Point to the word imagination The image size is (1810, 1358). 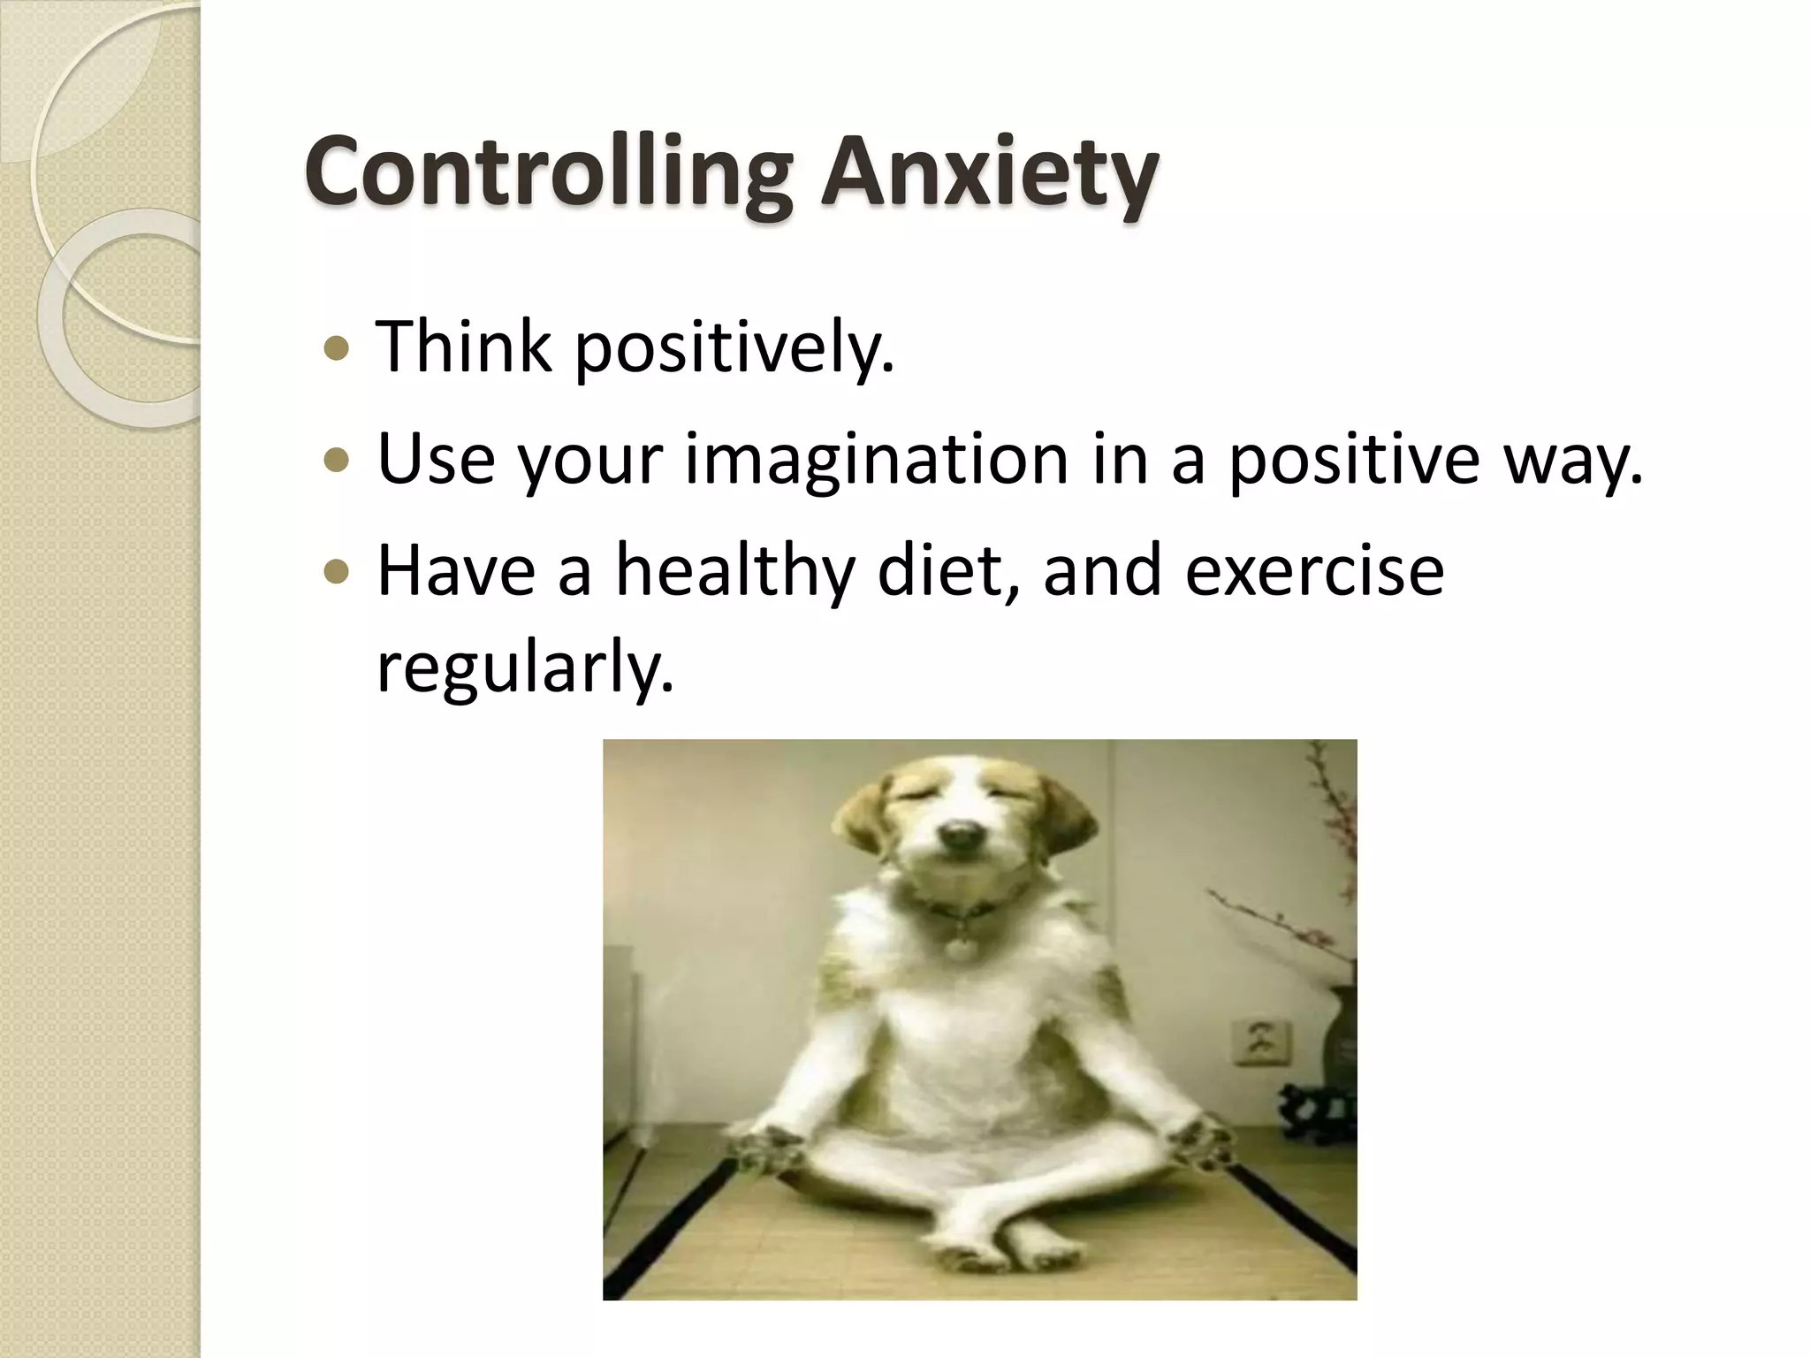876,462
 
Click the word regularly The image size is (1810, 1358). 525,670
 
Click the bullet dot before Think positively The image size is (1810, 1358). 337,349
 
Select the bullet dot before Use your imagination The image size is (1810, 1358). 337,461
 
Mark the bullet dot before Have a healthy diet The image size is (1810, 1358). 337,573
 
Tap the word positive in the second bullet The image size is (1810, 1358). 1353,462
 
